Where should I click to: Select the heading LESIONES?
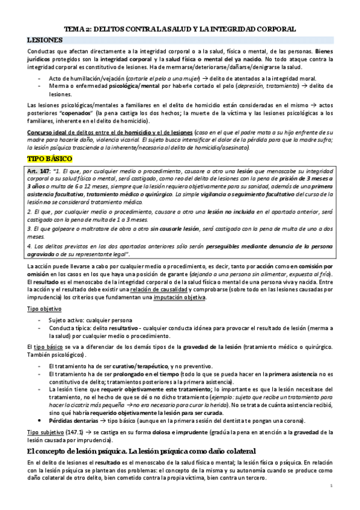coord(45,39)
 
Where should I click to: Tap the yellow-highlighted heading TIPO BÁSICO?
coord(50,159)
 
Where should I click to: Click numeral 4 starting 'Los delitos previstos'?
coord(29,247)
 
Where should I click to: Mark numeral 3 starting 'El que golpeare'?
coord(29,229)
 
